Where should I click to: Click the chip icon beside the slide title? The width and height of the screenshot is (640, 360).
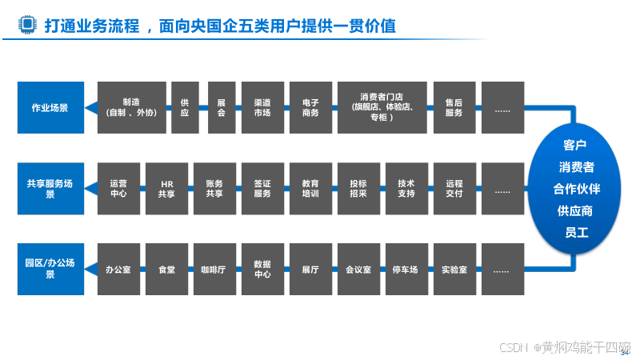click(x=28, y=26)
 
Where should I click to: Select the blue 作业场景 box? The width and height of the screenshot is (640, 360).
click(x=50, y=107)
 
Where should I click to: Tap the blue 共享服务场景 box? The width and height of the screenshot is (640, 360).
click(x=50, y=189)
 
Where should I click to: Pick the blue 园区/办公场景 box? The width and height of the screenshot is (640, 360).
click(x=50, y=269)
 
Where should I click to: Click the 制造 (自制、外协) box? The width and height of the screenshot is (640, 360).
click(x=131, y=107)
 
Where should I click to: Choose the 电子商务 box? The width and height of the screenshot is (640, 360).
click(x=310, y=107)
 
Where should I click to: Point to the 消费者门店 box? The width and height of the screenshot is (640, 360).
click(x=381, y=107)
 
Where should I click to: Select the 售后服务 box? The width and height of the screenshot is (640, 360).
click(x=454, y=107)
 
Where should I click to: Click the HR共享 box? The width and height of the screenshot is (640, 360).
click(x=166, y=189)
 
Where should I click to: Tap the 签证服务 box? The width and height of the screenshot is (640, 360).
click(x=262, y=189)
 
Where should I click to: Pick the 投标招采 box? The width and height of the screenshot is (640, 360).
click(x=358, y=189)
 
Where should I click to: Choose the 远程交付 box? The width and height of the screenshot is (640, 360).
click(x=454, y=189)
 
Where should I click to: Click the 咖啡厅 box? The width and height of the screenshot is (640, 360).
click(x=214, y=270)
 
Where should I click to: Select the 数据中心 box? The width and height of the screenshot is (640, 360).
click(x=262, y=270)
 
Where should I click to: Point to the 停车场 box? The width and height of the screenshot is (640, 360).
click(x=406, y=270)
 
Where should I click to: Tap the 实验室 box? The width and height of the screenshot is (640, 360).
click(x=454, y=270)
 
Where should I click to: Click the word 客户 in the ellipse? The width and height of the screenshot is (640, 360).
click(x=575, y=145)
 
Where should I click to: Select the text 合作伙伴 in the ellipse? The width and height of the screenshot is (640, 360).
click(x=576, y=189)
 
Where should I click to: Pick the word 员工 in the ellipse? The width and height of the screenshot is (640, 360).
click(x=576, y=233)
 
